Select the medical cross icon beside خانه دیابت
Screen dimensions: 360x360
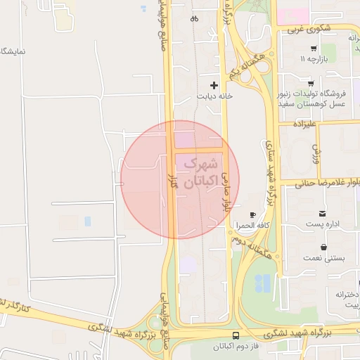click(214, 85)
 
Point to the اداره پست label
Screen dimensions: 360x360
click(323, 224)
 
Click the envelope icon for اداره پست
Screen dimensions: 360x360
click(323, 213)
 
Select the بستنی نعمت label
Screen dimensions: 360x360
click(323, 258)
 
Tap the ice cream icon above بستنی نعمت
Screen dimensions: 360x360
click(323, 247)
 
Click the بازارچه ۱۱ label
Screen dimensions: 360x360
click(314, 60)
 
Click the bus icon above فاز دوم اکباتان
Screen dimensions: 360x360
click(235, 336)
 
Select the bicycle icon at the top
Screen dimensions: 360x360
click(194, 19)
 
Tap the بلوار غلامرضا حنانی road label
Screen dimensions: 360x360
click(324, 184)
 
